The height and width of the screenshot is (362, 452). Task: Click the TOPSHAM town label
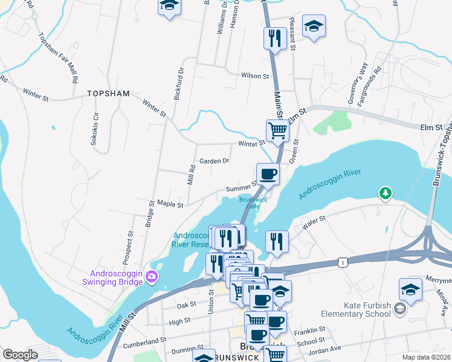108,94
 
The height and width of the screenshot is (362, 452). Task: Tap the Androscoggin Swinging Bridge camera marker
152,278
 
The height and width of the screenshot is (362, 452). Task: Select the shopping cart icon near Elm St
277,129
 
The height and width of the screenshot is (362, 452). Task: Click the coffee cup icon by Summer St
268,174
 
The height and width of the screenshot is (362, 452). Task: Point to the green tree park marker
384,193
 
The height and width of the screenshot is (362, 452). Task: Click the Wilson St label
254,76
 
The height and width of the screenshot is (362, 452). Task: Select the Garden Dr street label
215,161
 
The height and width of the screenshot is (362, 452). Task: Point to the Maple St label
170,205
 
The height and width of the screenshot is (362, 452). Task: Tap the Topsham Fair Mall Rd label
58,57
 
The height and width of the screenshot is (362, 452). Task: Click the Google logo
20,355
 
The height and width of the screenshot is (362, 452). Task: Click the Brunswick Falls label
253,202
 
